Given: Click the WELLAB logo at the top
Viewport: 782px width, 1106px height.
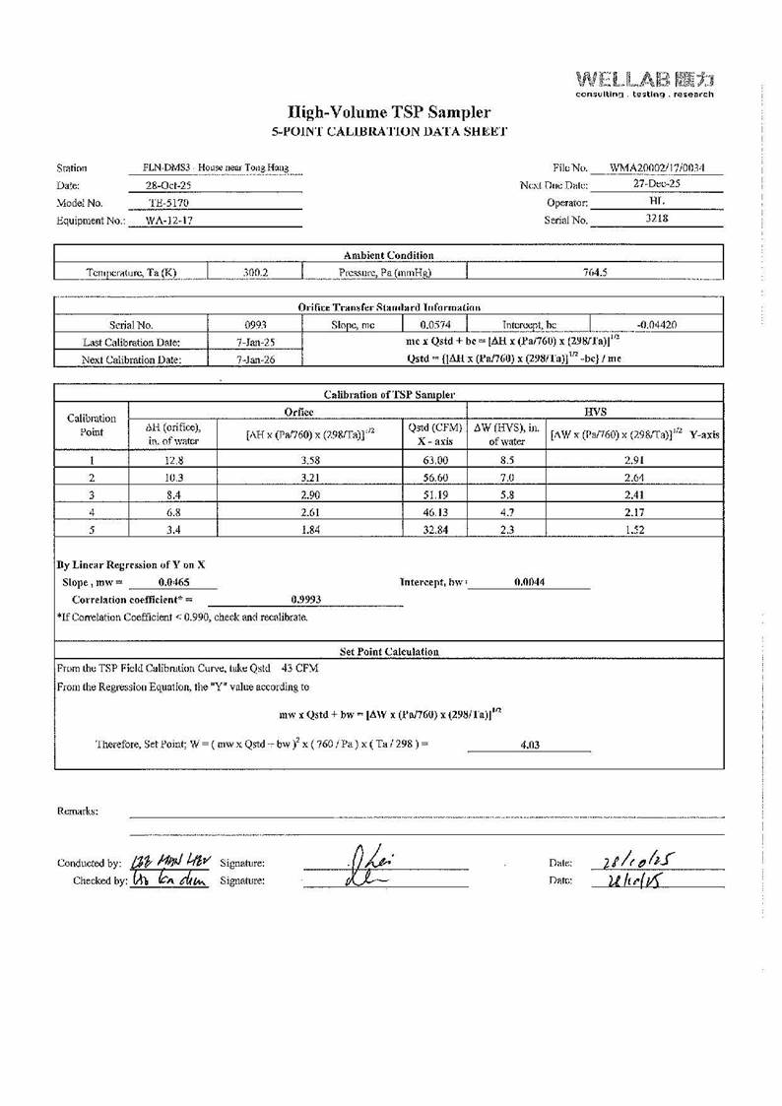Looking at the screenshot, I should point(644,82).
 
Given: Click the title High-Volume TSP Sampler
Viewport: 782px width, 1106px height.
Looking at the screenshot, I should point(388,113).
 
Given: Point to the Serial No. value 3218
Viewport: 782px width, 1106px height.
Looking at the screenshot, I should point(657,220).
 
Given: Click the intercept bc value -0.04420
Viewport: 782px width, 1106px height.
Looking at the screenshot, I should point(657,323).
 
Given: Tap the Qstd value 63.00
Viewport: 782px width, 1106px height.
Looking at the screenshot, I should point(435,459).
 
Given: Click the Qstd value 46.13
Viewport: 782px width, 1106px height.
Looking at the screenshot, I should point(435,512).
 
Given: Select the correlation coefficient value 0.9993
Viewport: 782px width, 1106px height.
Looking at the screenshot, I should point(306,599).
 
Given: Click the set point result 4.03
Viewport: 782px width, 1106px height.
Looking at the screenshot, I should point(529,745).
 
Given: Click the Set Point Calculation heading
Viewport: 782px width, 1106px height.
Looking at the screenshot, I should point(389,652).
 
